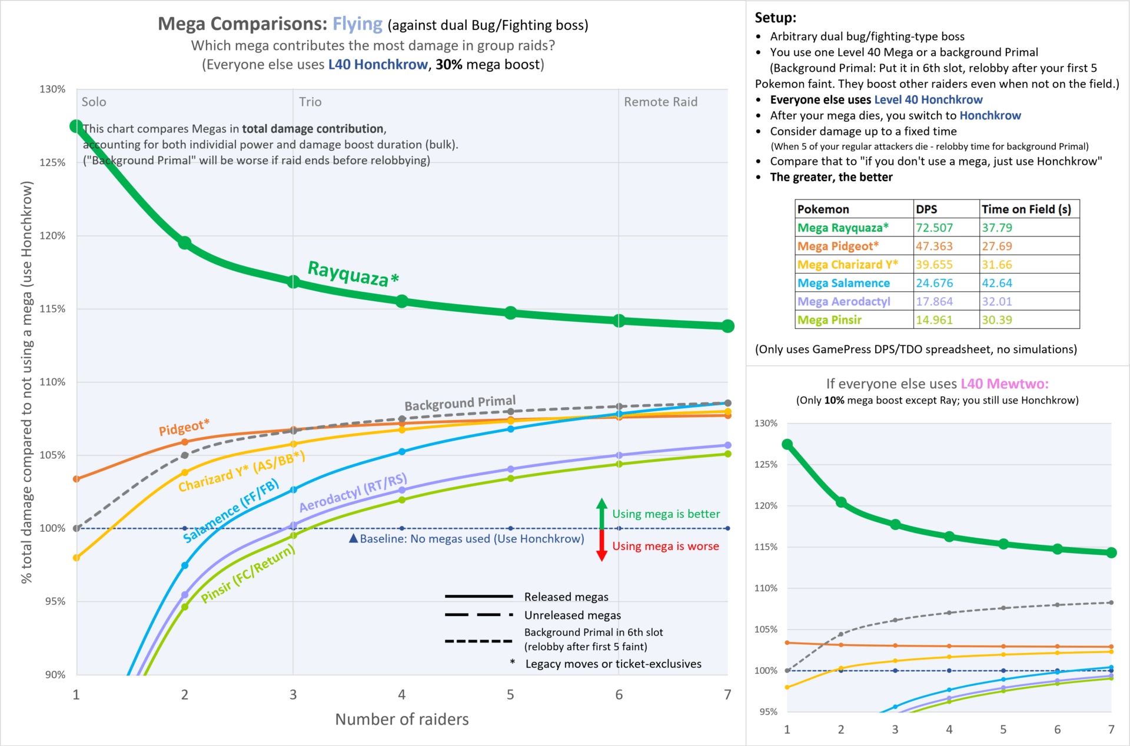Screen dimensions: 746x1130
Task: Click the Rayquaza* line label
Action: tap(353, 274)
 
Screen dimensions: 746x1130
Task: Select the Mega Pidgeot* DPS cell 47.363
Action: tap(934, 246)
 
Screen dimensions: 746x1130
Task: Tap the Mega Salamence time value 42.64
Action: tap(997, 283)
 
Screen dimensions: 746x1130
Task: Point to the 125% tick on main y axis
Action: tap(52, 162)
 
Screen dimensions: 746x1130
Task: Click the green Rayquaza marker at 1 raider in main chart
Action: tap(77, 126)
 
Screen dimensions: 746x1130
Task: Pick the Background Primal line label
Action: tap(460, 404)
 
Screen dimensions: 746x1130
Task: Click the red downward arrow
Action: tap(601, 546)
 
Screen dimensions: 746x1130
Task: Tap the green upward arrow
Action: tap(601, 512)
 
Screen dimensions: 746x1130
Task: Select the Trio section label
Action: tap(310, 102)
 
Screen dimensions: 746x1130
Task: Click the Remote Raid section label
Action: tap(660, 102)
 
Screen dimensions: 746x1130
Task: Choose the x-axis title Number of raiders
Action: tap(402, 719)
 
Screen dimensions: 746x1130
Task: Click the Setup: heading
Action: tap(775, 18)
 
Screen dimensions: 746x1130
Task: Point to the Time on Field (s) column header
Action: tap(1026, 209)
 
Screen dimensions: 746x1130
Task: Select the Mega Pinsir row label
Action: tap(829, 320)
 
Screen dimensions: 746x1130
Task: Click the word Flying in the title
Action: tap(357, 24)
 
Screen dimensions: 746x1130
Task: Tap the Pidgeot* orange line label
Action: tap(184, 428)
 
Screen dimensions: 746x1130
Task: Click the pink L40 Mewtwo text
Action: tap(1004, 384)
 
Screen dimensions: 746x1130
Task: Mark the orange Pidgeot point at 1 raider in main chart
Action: tap(77, 479)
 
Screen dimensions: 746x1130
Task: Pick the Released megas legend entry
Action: tap(566, 597)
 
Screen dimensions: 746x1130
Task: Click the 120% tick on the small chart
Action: tap(766, 505)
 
